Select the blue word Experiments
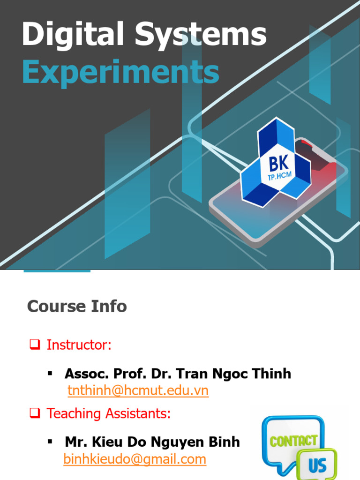[x=120, y=73]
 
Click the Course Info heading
[x=77, y=307]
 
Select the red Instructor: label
[x=79, y=345]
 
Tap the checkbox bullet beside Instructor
[x=34, y=345]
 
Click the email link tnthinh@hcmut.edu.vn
[x=138, y=390]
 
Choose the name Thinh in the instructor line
[x=272, y=374]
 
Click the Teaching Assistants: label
[x=108, y=414]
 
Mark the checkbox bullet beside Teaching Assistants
[x=34, y=414]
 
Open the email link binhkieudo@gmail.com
[x=135, y=459]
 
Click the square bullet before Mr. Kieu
[x=50, y=442]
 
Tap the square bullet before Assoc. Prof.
[x=50, y=373]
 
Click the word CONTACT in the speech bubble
[x=293, y=440]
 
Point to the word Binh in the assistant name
[x=224, y=442]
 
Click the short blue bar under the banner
[x=57, y=270]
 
